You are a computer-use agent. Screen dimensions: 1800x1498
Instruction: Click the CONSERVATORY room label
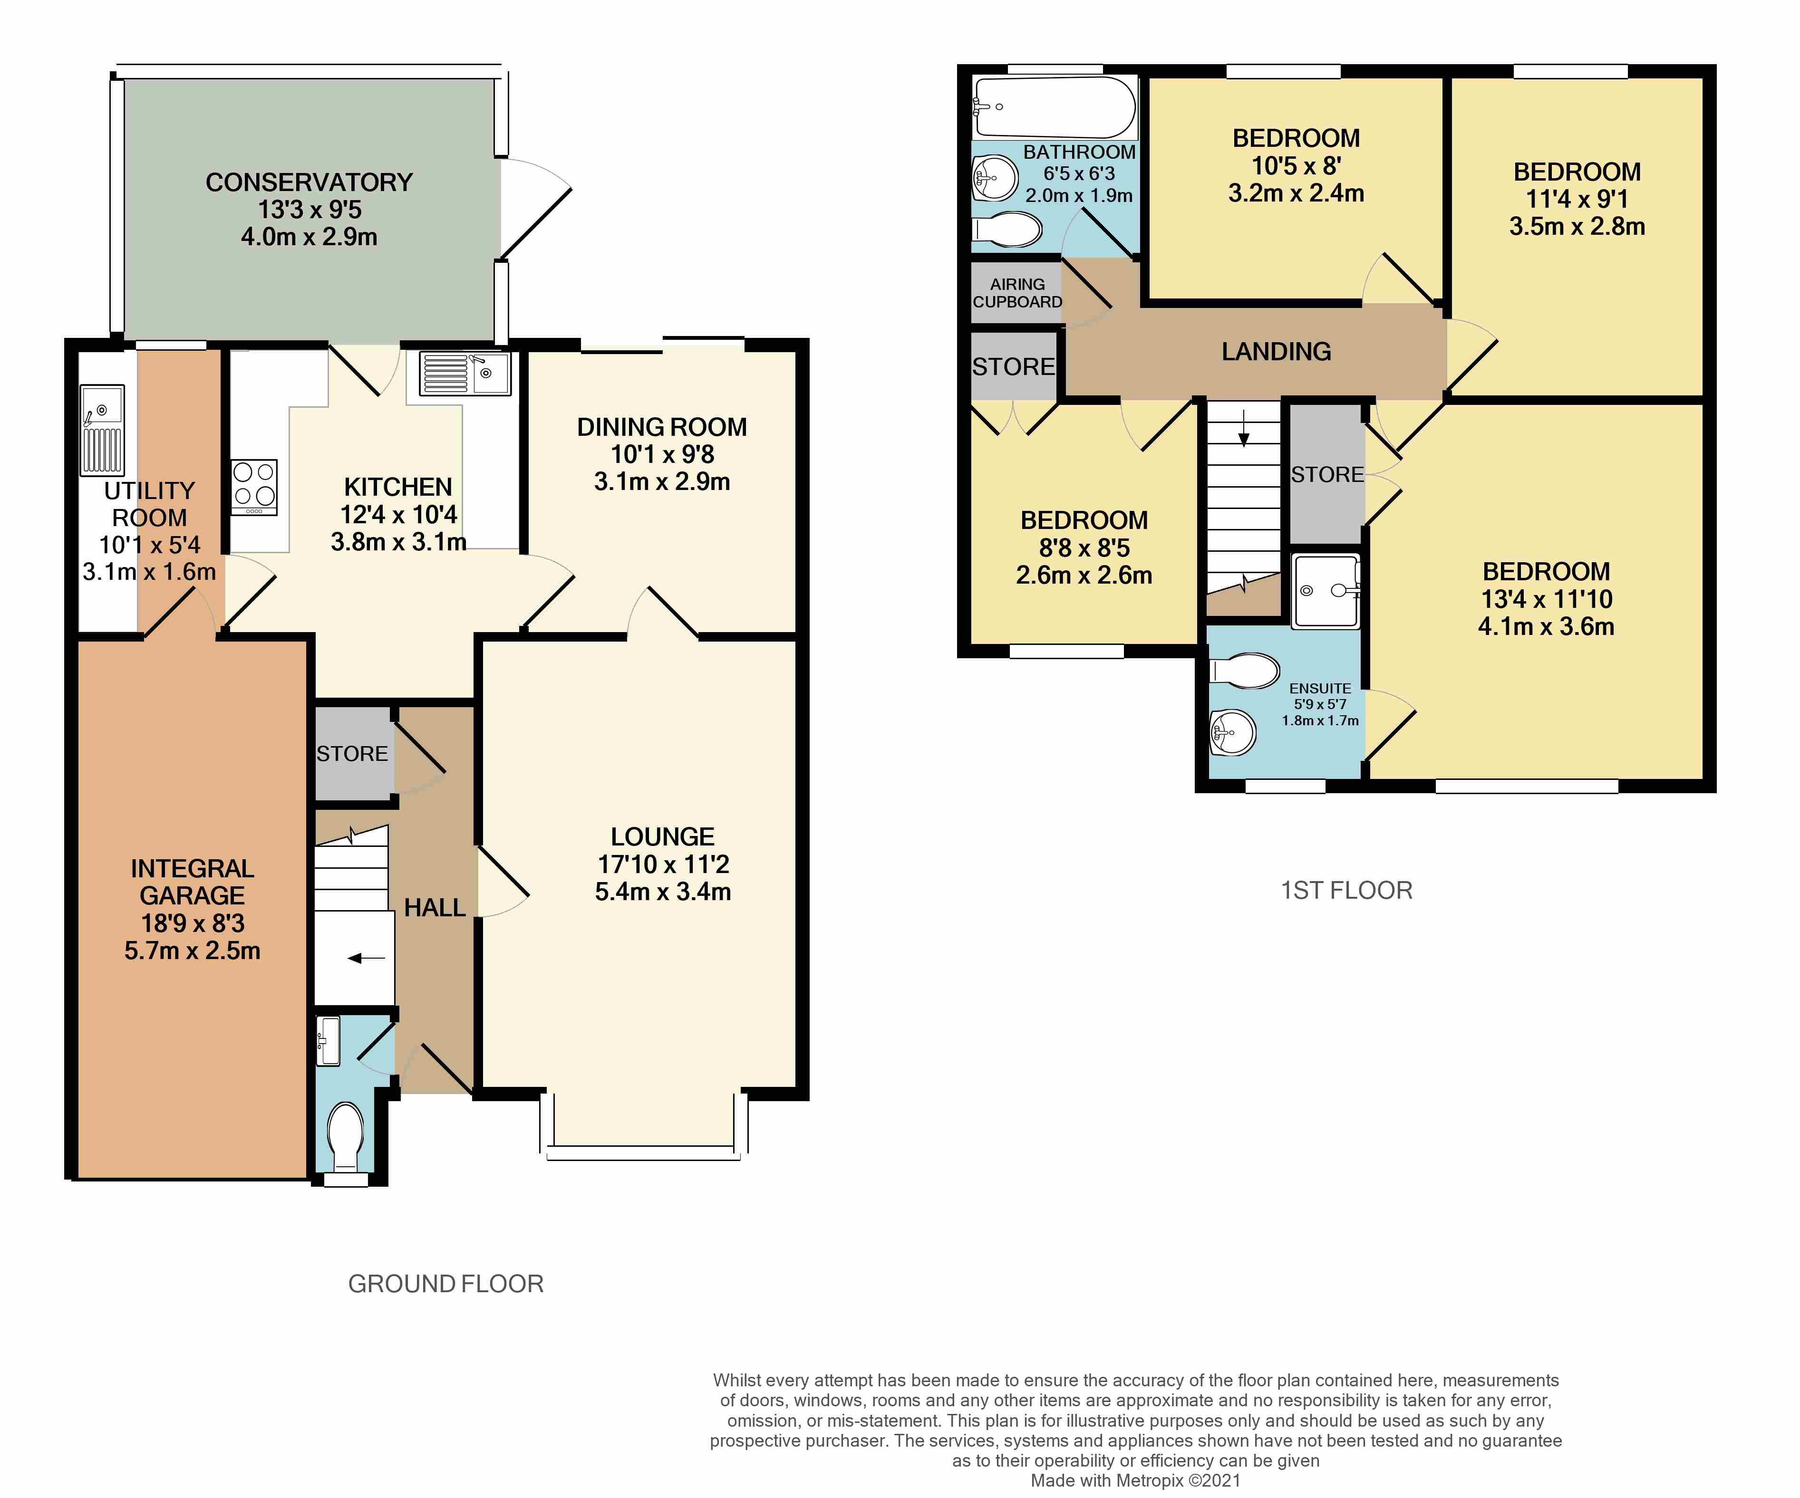[x=310, y=182]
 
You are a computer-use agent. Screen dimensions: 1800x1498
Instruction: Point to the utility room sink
[x=102, y=429]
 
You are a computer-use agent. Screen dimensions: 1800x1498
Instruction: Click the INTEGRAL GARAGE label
[x=192, y=882]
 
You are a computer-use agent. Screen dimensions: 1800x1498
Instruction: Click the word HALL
[x=435, y=908]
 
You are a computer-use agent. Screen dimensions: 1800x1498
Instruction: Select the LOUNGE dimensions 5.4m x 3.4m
[x=663, y=891]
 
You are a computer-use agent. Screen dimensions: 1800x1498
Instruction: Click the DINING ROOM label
[x=662, y=427]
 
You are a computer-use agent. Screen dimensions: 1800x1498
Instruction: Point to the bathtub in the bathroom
[x=1055, y=107]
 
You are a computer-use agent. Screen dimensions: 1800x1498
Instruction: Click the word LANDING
[x=1276, y=351]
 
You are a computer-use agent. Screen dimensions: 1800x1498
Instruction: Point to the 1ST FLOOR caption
[x=1346, y=891]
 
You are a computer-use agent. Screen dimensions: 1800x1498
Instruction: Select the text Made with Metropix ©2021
[x=1136, y=1480]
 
